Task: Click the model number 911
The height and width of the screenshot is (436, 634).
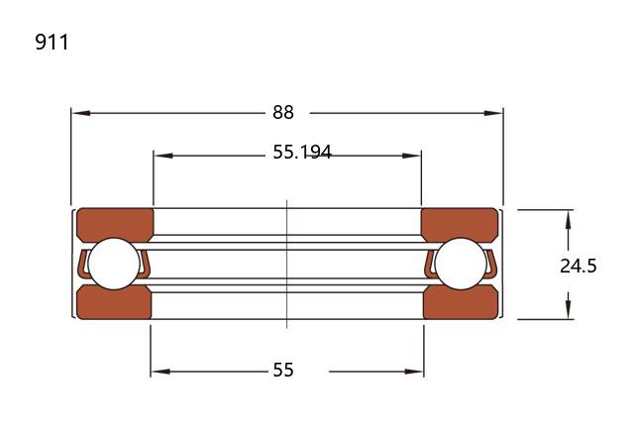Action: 52,42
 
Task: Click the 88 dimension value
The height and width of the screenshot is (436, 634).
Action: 283,112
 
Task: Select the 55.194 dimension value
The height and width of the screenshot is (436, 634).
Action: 302,152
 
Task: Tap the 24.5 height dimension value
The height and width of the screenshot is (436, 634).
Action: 579,267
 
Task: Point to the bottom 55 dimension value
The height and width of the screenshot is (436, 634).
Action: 283,370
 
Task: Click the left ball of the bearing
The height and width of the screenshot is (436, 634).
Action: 114,264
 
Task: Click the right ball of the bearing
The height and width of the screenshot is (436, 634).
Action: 461,264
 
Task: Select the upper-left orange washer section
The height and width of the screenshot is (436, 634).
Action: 115,225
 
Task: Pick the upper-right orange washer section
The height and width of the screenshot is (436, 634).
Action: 460,225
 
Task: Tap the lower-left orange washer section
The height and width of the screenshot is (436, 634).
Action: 114,302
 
